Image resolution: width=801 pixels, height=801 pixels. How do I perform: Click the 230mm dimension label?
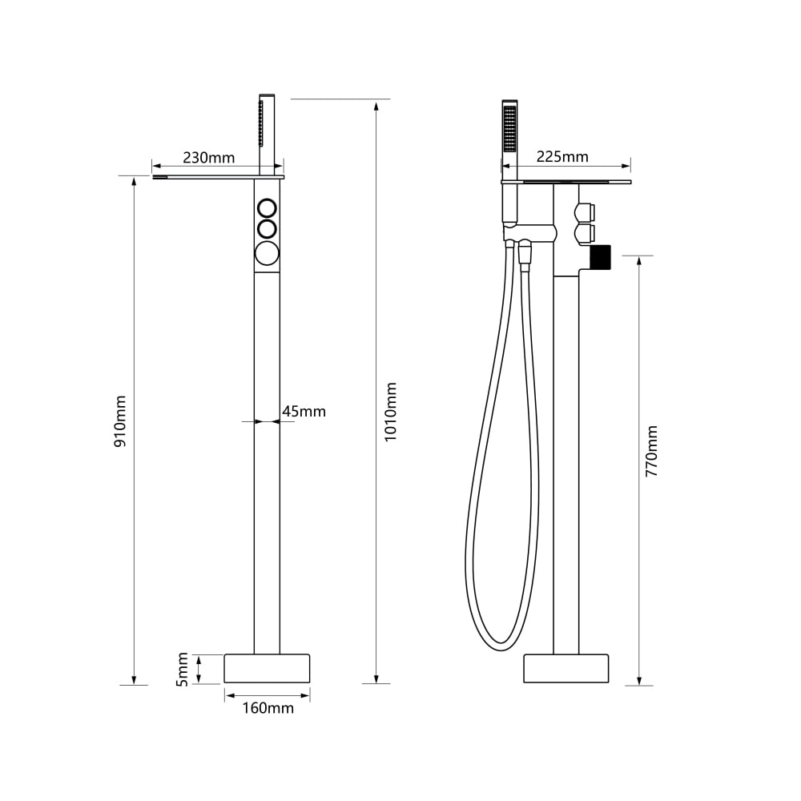(x=208, y=157)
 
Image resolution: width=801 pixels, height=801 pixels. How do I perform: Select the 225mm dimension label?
(x=562, y=156)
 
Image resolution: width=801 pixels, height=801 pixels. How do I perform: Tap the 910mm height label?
(x=120, y=421)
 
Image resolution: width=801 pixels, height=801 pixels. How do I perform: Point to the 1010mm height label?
(x=390, y=412)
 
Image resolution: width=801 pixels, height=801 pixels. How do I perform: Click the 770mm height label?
(x=651, y=451)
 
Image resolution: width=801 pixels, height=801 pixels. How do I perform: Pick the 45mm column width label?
(x=304, y=411)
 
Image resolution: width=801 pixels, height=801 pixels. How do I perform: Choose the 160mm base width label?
(x=268, y=708)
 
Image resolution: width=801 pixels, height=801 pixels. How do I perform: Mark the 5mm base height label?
(x=183, y=669)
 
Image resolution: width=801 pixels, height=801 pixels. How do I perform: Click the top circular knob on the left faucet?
(x=268, y=208)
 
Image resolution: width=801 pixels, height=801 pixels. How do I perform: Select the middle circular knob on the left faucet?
(x=268, y=229)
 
